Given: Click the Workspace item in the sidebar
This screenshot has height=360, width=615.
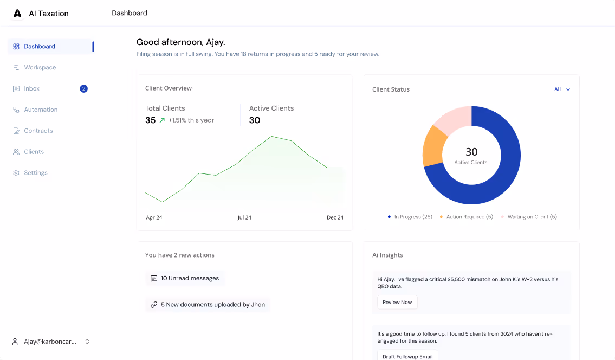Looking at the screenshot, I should (x=40, y=67).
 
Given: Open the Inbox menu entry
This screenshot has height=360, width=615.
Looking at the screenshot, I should (x=31, y=88).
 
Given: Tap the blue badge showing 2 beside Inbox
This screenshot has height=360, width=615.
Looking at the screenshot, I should (x=83, y=88).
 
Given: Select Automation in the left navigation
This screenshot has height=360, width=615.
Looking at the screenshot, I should (x=40, y=110).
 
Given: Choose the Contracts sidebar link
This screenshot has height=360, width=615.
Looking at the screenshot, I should (x=38, y=131).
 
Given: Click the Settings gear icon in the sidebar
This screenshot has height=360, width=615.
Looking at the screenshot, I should (x=16, y=173).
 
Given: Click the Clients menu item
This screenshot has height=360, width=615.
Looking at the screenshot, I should (x=34, y=152).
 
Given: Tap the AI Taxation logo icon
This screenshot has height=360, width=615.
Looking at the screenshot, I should (x=18, y=14).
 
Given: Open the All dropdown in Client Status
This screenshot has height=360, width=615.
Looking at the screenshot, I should (x=562, y=89).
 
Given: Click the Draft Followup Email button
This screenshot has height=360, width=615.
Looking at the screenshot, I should (x=407, y=356).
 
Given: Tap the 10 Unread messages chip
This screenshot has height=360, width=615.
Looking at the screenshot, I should (x=185, y=278).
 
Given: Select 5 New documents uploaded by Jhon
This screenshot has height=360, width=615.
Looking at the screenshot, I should (x=208, y=305).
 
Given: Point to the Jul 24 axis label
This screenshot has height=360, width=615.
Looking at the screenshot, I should (x=244, y=217).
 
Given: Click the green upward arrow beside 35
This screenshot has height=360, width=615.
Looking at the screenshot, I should (x=162, y=120).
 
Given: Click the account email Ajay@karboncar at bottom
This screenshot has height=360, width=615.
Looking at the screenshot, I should (x=50, y=342).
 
